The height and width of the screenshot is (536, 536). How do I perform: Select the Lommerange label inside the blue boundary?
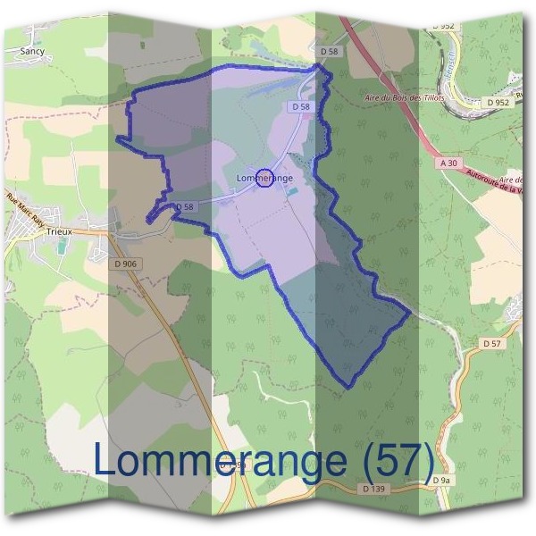coord(265,179)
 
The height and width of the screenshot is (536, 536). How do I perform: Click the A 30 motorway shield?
coord(448,163)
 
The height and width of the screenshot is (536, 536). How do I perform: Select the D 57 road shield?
coord(491,343)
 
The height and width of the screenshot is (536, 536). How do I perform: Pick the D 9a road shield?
coord(441,481)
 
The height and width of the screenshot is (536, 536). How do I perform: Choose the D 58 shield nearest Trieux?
coord(184,206)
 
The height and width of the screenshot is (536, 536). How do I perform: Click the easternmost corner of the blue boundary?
coord(410,312)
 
